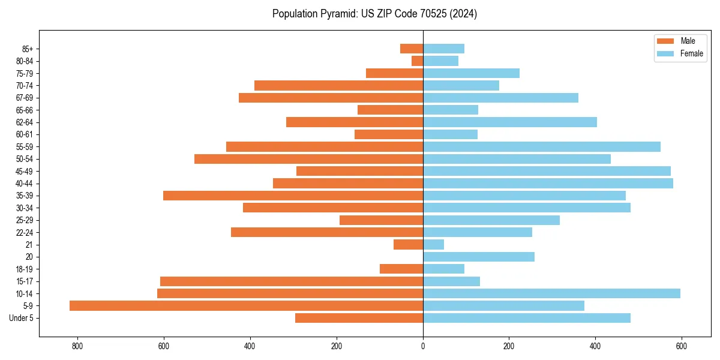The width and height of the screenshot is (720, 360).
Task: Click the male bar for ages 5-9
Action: click(x=246, y=306)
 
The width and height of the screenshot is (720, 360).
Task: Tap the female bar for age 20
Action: click(x=478, y=257)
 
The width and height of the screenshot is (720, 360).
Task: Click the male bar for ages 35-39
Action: click(x=293, y=196)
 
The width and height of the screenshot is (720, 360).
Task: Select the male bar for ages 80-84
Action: click(x=417, y=61)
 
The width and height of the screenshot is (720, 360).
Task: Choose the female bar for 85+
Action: click(x=443, y=49)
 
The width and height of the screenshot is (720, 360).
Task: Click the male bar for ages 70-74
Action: click(x=338, y=85)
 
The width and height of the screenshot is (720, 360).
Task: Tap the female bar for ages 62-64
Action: click(x=509, y=122)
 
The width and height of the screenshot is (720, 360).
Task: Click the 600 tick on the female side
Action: click(x=682, y=346)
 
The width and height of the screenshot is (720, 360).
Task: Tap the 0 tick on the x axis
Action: click(x=423, y=346)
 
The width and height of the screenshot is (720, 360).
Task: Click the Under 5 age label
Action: click(x=21, y=318)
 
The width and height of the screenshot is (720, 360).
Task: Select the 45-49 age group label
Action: click(x=25, y=171)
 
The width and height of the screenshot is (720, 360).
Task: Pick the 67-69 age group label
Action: click(x=25, y=98)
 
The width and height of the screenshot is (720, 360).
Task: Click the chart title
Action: click(x=374, y=14)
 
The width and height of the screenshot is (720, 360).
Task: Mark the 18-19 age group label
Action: click(x=25, y=269)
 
